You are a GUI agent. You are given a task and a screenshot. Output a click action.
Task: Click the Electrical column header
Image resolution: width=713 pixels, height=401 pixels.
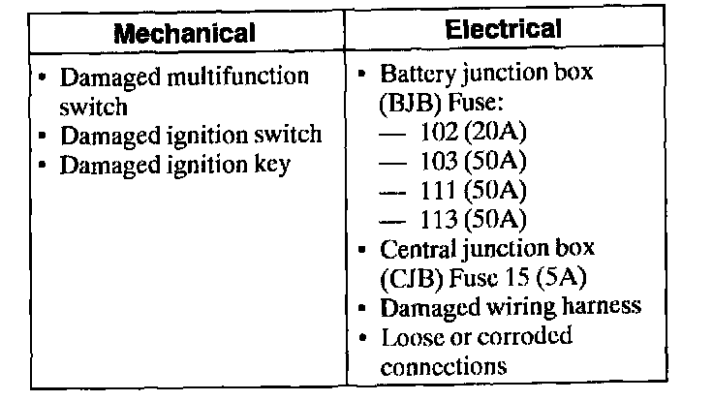(503, 29)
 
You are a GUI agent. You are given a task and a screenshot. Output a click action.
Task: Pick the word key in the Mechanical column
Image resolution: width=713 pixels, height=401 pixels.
(272, 166)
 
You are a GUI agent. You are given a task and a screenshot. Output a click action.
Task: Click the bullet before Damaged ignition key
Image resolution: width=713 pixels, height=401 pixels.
(46, 164)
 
